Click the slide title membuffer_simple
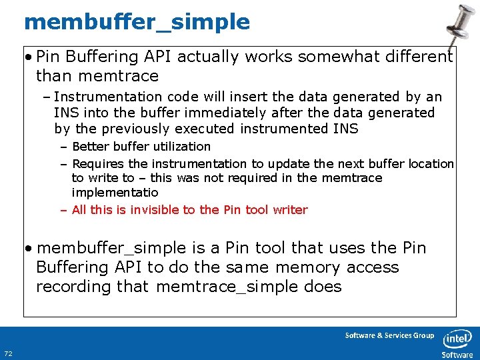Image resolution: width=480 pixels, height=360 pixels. click(137, 22)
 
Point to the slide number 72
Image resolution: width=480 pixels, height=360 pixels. click(8, 353)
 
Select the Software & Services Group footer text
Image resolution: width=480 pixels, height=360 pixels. click(389, 335)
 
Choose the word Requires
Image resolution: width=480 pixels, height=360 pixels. click(98, 163)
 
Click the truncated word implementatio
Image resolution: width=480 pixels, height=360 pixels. click(115, 192)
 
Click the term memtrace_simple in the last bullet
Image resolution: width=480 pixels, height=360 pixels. click(248, 287)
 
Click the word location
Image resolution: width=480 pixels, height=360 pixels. click(431, 163)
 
